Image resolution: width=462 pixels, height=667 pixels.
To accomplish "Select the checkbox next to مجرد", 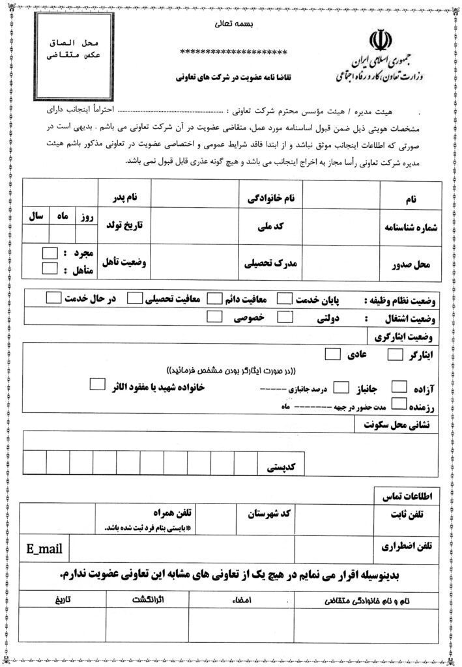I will tap(50, 253).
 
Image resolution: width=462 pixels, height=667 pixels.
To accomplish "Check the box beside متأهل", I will tap(50, 268).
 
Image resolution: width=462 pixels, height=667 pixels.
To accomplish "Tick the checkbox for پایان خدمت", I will tap(285, 299).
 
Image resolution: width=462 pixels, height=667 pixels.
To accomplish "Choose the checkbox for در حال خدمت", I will tap(55, 298).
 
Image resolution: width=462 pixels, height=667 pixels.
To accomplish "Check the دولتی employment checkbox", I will tap(285, 317).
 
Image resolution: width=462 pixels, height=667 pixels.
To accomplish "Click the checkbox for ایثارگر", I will tap(396, 355).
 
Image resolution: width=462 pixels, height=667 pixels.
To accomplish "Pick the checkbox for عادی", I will tap(332, 354).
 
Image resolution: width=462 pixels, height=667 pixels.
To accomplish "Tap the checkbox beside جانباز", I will tap(341, 388).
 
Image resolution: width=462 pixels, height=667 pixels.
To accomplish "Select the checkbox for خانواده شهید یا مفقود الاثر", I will tap(97, 384).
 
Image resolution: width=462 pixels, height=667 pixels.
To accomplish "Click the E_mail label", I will tap(44, 549).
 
